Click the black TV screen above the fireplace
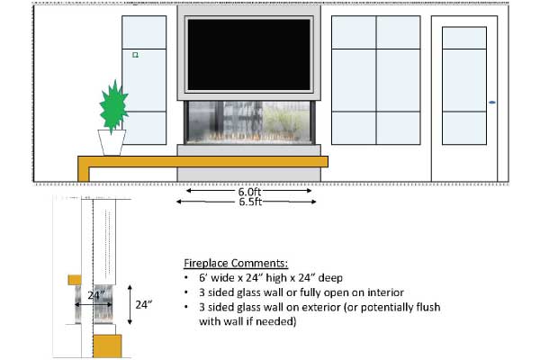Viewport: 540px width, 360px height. click(248, 55)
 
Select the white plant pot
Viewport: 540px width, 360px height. click(112, 142)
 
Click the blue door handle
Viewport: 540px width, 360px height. click(492, 103)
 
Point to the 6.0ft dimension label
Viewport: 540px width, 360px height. click(249, 192)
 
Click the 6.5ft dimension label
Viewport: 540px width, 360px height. click(250, 202)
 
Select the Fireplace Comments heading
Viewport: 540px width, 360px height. click(236, 263)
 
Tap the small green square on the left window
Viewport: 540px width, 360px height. click(135, 55)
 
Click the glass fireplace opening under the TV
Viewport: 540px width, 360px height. click(248, 122)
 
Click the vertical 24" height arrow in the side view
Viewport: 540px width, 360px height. click(130, 305)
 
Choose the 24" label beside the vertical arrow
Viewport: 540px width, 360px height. click(144, 305)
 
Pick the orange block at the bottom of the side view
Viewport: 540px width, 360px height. click(107, 346)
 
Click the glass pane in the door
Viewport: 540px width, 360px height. click(464, 85)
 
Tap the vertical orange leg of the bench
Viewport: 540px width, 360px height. click(84, 169)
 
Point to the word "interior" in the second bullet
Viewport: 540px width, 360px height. click(386, 292)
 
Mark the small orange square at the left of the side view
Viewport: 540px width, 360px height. click(75, 280)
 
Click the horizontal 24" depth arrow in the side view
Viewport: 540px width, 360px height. click(94, 304)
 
